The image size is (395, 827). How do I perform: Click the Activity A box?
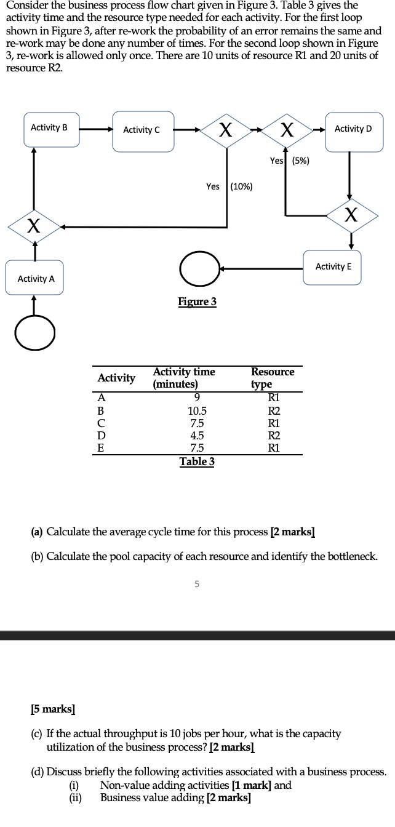36,279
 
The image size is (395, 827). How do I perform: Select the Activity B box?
51,129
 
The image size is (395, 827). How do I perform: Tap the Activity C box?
143,130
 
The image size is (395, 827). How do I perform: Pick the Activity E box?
333,266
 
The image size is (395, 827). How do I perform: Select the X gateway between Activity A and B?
35,226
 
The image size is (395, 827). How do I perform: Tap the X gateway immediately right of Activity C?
226,130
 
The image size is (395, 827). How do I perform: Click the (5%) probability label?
301,161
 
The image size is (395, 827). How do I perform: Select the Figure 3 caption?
197,302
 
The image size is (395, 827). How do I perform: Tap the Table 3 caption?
197,461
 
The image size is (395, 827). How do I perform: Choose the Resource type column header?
273,378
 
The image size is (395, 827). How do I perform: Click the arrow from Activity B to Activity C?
96,130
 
